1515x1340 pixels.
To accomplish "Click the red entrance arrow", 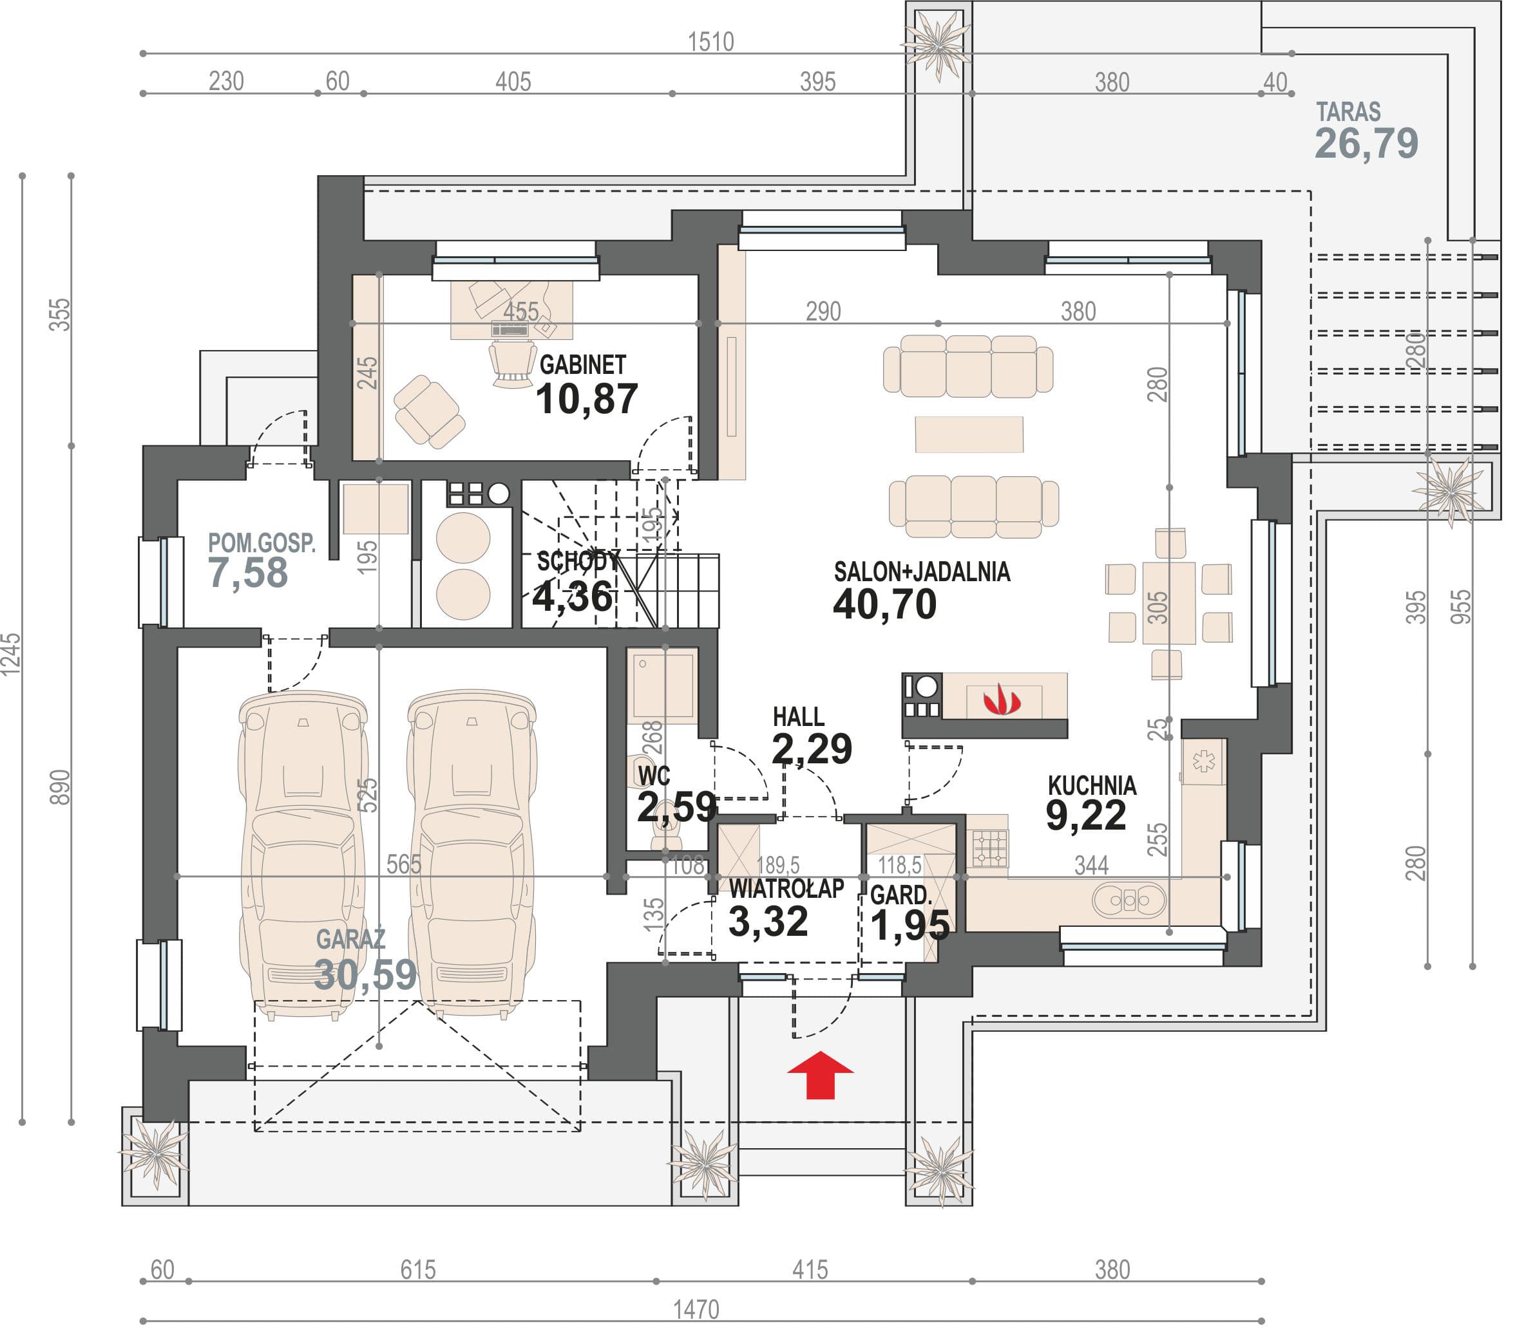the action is (x=820, y=1074).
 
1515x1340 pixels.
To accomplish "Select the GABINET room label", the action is (x=582, y=364).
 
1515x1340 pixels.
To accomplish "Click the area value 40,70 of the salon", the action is (x=884, y=604).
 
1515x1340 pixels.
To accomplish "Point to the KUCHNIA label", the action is (x=1092, y=785).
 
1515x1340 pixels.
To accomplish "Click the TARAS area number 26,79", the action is (x=1366, y=143).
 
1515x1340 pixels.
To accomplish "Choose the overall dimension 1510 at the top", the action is (x=711, y=41).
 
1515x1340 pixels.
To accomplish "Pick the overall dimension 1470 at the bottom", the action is (x=696, y=1310).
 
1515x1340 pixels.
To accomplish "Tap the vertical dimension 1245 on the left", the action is (x=11, y=654).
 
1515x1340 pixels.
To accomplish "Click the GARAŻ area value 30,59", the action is (x=365, y=975).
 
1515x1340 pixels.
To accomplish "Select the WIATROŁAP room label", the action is (x=786, y=888).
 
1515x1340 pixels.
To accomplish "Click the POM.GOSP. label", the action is (x=262, y=543).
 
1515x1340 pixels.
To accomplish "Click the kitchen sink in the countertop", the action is (x=1129, y=901).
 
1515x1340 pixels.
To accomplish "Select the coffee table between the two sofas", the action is (x=969, y=434).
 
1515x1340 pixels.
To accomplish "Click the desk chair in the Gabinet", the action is (x=512, y=363).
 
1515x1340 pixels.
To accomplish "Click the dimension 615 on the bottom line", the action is (x=418, y=1270).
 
